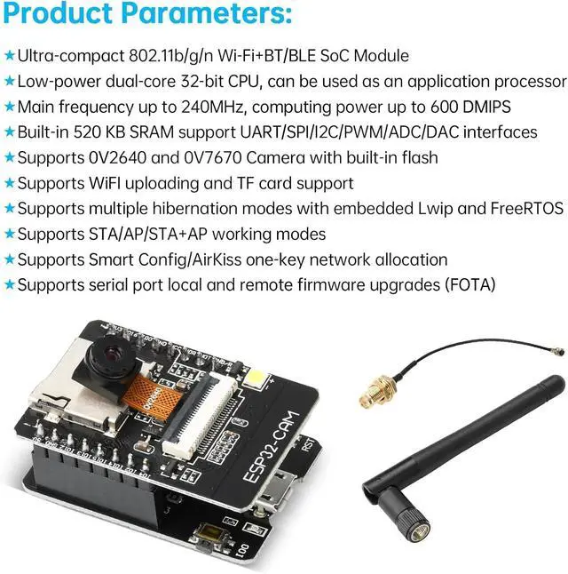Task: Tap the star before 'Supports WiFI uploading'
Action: (x=9, y=183)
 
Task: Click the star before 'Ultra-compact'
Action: (x=9, y=55)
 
